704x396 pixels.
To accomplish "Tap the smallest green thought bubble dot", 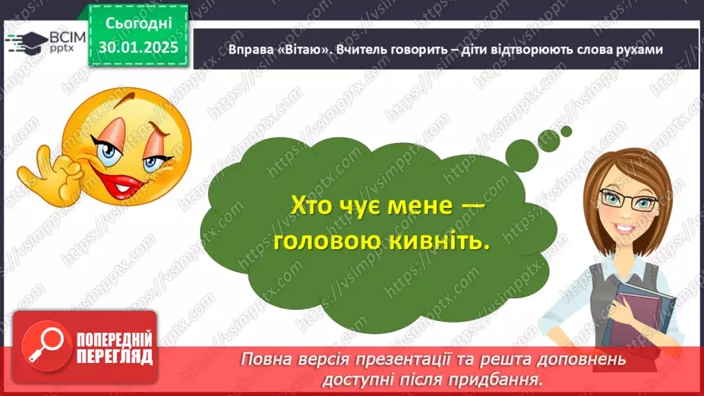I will tap(566, 131).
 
